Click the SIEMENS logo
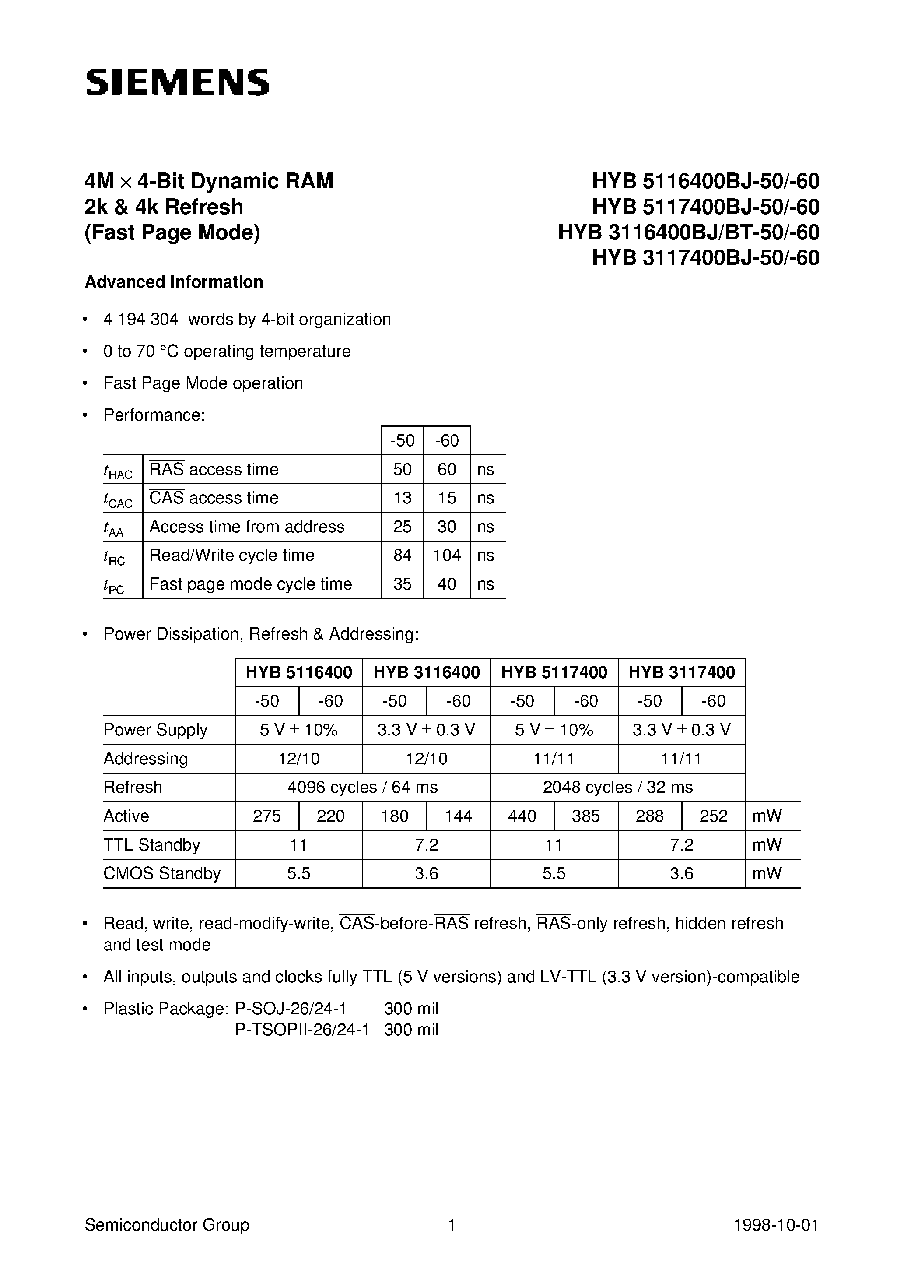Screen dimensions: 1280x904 tap(177, 82)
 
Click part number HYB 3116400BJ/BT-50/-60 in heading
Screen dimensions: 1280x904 tap(688, 232)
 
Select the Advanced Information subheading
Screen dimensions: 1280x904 tap(174, 282)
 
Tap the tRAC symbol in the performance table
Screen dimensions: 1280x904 tap(118, 471)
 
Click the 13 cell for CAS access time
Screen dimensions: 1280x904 tap(403, 498)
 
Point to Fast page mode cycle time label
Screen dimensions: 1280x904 tap(251, 584)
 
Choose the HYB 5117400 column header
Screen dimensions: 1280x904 tap(554, 672)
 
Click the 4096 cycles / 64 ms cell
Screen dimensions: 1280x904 tap(362, 787)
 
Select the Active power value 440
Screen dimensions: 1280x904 tap(522, 816)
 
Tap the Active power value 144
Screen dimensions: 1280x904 tap(458, 816)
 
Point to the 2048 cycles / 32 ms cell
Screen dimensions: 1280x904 tap(617, 787)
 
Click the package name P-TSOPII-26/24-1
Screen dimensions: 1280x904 tap(302, 1030)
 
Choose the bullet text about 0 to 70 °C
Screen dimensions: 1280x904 tap(227, 351)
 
